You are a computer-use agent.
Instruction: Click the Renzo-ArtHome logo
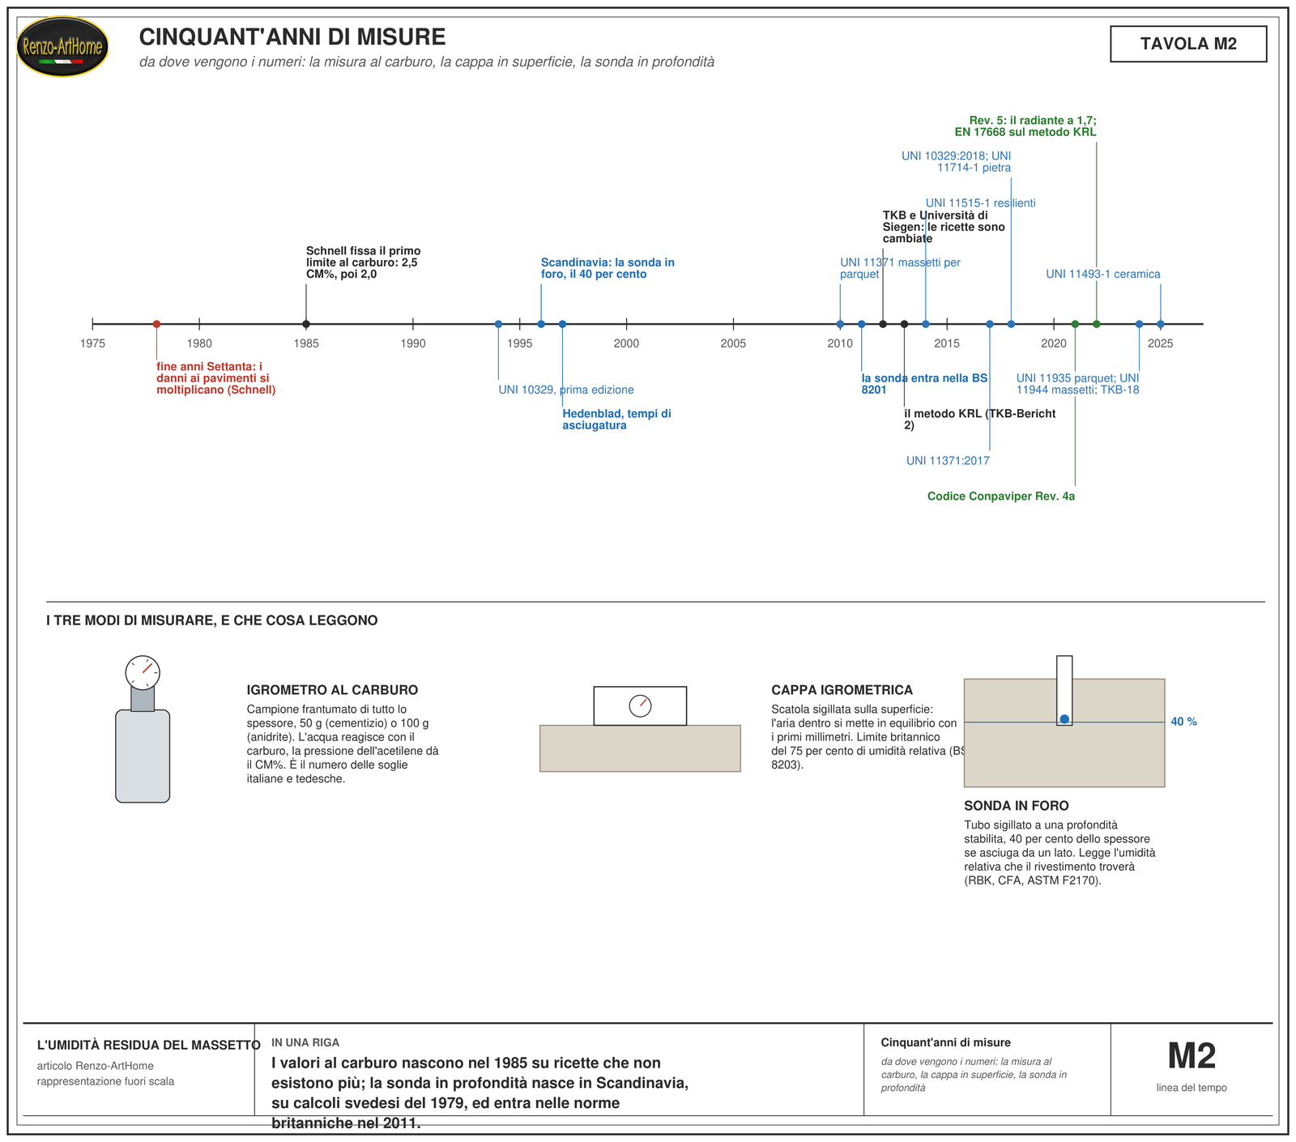pos(62,47)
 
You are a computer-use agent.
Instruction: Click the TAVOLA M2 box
pos(1188,44)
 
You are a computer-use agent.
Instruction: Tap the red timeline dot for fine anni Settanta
pos(156,324)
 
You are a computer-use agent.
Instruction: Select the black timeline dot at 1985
pos(306,324)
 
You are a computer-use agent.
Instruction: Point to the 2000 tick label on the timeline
pos(626,343)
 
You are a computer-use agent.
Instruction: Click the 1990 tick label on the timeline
pos(413,343)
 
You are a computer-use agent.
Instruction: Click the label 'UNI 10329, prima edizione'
pos(566,390)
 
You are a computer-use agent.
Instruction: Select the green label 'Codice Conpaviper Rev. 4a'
pos(1001,496)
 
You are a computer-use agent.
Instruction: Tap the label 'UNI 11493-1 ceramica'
pos(1103,274)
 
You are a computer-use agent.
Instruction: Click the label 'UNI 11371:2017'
pos(948,461)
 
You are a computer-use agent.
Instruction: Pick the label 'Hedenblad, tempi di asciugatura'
pos(617,420)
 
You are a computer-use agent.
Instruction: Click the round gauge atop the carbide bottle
pos(143,672)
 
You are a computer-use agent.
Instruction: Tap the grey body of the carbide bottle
pos(143,756)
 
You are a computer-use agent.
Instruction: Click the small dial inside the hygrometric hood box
pos(640,705)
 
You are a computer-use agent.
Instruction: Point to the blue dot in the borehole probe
pos(1064,719)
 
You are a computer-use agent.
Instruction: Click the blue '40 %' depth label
pos(1183,722)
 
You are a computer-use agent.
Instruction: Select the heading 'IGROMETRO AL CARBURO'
pos(332,690)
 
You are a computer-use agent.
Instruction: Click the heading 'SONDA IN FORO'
pos(1017,806)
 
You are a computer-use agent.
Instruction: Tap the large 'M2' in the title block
pos(1192,1056)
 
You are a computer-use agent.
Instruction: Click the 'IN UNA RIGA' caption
pos(305,1042)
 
